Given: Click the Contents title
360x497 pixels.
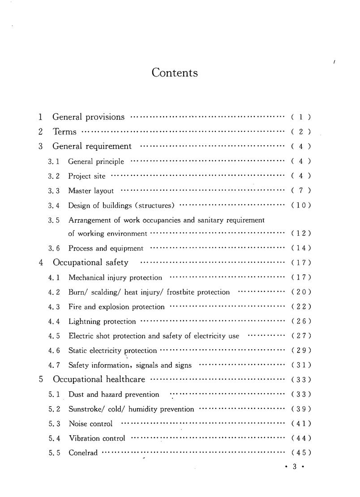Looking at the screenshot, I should click(175, 72).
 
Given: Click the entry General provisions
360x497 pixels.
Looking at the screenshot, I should click(89, 117).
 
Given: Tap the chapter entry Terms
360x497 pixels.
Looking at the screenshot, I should click(65, 132).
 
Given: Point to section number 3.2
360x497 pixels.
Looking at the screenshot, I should click(54, 176).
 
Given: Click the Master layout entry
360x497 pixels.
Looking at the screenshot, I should click(91, 191).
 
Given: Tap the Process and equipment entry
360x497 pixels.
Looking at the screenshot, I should click(106, 248).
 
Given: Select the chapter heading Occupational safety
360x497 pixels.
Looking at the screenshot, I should click(90, 263).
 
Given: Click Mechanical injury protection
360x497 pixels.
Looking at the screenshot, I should click(115, 278).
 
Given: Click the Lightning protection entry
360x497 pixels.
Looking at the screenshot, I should click(102, 322).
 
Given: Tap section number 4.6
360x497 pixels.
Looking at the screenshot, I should click(54, 351).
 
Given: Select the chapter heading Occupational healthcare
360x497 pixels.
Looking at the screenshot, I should click(99, 379).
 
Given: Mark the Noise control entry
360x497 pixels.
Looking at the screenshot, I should click(90, 424).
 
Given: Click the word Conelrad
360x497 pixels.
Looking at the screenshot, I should click(83, 453).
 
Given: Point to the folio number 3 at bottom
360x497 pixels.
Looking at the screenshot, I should click(295, 467).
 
